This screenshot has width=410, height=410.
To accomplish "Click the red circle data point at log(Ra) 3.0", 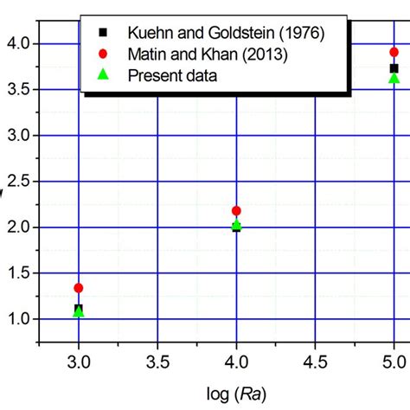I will (79, 288).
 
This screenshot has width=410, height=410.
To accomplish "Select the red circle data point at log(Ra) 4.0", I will (236, 210).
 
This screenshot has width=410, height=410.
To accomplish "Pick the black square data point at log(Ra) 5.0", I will (394, 68).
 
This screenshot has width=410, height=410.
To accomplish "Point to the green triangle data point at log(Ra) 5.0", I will (394, 78).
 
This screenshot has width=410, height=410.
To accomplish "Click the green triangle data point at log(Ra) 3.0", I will (79, 311).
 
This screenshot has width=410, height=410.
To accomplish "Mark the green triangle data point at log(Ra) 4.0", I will (236, 226).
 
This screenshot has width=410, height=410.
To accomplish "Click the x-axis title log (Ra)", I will (236, 394).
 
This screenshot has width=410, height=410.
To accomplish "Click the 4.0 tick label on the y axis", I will (16, 43).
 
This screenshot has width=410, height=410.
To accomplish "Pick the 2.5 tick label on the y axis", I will (16, 182).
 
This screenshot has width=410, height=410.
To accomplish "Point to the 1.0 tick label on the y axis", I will (16, 319).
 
